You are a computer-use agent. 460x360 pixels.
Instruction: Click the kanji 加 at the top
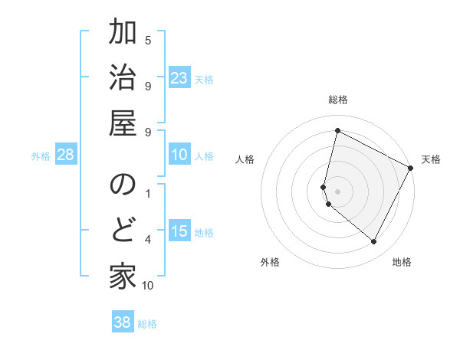(123, 35)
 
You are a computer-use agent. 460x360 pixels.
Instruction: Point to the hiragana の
(123, 185)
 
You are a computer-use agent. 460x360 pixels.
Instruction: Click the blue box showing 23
(179, 78)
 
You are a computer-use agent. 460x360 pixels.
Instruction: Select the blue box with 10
(179, 155)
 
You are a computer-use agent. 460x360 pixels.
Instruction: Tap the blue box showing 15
(179, 231)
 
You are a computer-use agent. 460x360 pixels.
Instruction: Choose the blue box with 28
(66, 155)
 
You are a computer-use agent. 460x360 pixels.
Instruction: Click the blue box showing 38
(123, 322)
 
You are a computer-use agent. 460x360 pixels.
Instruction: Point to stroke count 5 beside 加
(148, 40)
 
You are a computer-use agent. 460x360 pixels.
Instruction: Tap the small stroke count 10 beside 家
(148, 286)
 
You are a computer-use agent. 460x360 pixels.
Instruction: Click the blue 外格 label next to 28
(41, 156)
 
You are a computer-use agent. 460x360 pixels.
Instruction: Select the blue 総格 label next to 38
(147, 324)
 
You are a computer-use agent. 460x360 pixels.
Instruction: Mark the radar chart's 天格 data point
(411, 169)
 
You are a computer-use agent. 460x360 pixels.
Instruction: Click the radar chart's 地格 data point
(374, 241)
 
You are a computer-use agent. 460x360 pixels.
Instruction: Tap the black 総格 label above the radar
(338, 100)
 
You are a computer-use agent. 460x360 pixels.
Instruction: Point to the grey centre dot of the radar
(337, 191)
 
